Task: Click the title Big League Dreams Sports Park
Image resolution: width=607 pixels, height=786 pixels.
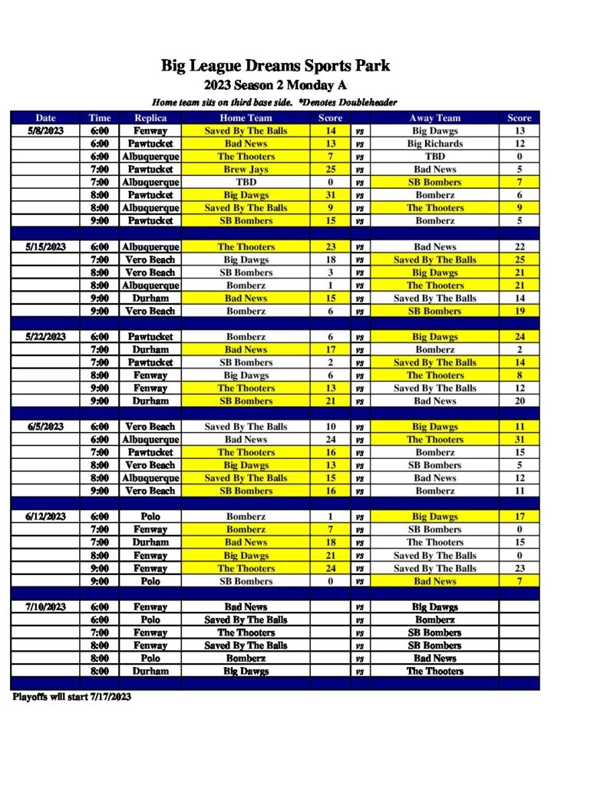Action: point(275,66)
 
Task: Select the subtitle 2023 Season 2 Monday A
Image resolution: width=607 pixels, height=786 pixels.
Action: point(275,85)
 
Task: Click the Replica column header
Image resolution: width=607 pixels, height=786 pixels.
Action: point(150,118)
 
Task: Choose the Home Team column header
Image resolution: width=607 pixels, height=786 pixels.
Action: point(246,118)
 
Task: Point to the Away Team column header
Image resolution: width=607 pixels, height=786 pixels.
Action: point(434,118)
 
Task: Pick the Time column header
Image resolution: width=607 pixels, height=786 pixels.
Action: point(100,118)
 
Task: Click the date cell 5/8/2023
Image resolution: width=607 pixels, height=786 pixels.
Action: point(45,131)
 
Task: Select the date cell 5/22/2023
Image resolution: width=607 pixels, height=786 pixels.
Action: point(45,337)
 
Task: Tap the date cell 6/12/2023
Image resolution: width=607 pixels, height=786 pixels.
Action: point(45,517)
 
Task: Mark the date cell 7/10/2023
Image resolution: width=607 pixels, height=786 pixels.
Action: point(45,607)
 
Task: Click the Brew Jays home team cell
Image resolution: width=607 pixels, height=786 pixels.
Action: point(246,170)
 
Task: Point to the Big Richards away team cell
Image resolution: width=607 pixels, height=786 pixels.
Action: point(434,144)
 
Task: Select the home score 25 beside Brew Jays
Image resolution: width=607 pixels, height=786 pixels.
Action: point(331,170)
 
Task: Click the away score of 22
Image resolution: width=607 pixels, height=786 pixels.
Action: point(519,247)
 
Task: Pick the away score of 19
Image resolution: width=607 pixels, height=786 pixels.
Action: point(519,312)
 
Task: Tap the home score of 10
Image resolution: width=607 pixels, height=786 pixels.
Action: point(331,427)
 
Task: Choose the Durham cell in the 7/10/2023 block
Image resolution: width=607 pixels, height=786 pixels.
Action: point(150,672)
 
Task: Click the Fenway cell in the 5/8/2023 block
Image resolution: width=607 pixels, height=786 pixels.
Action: point(150,131)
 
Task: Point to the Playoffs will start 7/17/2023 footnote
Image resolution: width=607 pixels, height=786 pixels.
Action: point(72,697)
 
